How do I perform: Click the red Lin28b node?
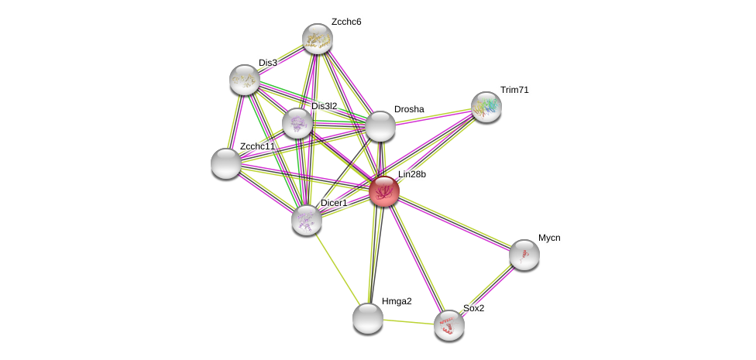click(x=383, y=191)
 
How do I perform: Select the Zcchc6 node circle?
click(x=317, y=39)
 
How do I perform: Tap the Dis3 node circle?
click(x=245, y=80)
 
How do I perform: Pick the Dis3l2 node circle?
click(x=297, y=123)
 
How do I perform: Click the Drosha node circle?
click(x=380, y=126)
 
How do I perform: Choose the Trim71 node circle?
click(x=486, y=107)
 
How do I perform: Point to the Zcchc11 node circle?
click(x=226, y=163)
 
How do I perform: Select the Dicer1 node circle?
click(x=307, y=220)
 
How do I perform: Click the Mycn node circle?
click(x=524, y=255)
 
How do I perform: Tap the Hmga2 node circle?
click(x=368, y=317)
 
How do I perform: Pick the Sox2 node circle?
click(x=449, y=325)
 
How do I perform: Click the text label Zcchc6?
click(x=346, y=22)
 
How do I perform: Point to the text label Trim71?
click(x=514, y=90)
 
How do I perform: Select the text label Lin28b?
click(x=411, y=174)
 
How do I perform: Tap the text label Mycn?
click(x=549, y=238)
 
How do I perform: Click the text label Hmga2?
click(x=397, y=301)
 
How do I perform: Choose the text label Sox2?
click(x=473, y=308)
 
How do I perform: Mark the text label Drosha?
click(x=409, y=109)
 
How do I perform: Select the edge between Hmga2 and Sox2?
click(x=409, y=321)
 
